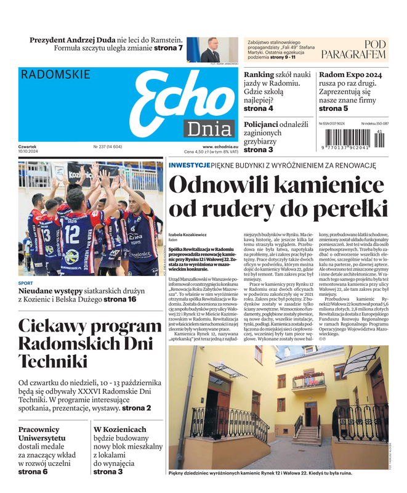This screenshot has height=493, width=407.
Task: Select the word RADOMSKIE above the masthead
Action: (x=55, y=75)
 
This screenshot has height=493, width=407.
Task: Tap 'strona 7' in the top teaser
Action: (x=167, y=48)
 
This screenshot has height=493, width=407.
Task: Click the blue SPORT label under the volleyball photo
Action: (x=25, y=283)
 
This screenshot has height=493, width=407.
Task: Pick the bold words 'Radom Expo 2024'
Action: (x=350, y=75)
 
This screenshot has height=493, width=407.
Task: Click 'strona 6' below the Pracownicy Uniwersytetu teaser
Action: (x=33, y=471)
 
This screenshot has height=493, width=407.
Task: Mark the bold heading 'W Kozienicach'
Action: (x=119, y=429)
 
